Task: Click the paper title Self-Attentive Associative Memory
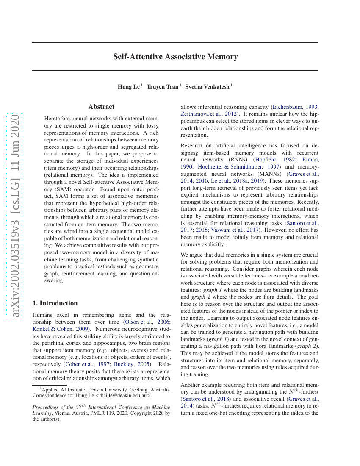pos(175,57)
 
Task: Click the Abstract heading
pos(101,107)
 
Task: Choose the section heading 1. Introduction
pos(55,303)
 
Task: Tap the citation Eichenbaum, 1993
pos(296,107)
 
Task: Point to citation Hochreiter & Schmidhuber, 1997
pos(239,167)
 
